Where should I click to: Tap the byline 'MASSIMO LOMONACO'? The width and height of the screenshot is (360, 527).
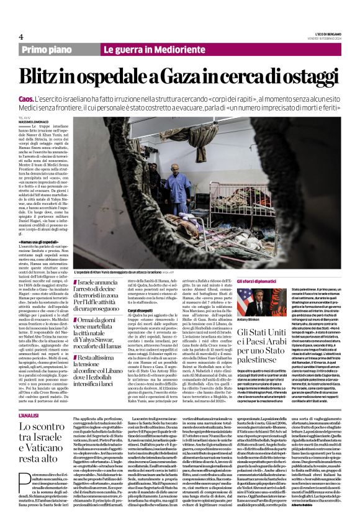(x=35, y=120)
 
